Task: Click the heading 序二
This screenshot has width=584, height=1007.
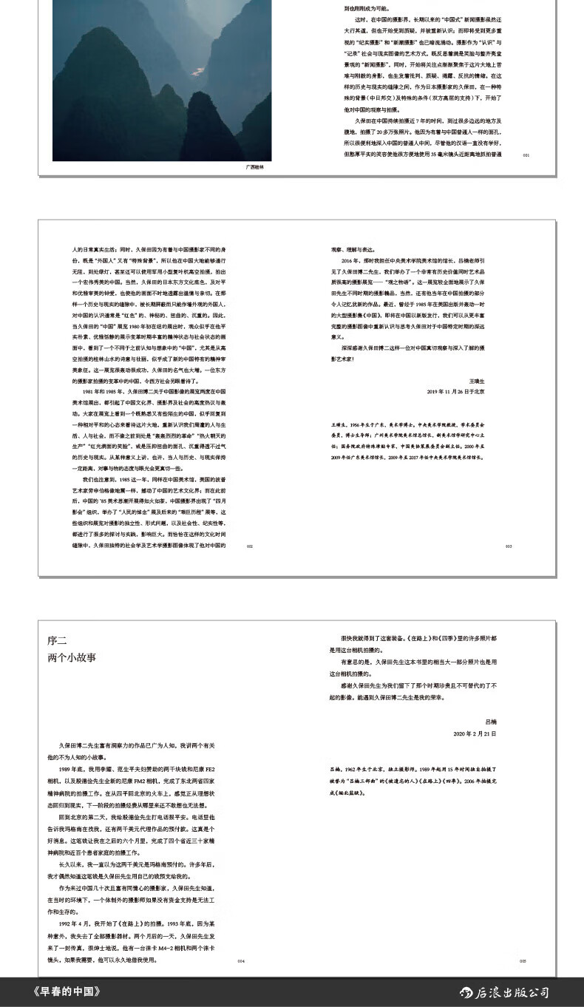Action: click(57, 640)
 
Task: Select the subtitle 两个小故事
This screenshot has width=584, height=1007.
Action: click(72, 657)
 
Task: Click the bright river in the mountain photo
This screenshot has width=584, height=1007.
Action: click(197, 71)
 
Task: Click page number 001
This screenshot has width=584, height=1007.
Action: click(526, 155)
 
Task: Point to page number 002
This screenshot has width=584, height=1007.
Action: click(250, 546)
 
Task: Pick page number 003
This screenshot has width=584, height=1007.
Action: click(509, 546)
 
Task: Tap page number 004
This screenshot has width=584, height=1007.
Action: click(240, 961)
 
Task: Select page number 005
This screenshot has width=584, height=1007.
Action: click(523, 961)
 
